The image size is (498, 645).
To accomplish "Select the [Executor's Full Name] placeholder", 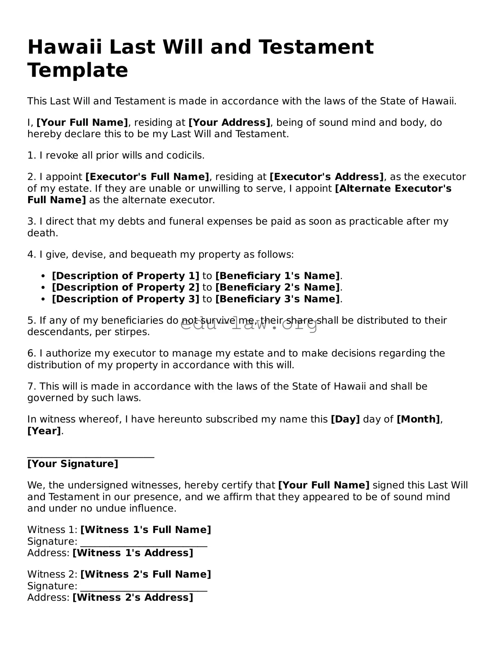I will [x=147, y=177].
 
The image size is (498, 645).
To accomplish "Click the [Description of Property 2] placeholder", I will [x=125, y=287].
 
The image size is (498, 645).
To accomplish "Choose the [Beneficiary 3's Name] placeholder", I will [x=278, y=299].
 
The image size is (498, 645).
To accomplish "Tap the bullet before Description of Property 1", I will [x=43, y=276].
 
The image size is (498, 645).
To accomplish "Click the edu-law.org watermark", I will [x=249, y=324].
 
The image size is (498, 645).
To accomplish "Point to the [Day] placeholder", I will [x=345, y=419].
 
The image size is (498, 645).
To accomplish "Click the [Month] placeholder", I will [x=418, y=419].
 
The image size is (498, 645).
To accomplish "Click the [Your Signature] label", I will [x=73, y=464].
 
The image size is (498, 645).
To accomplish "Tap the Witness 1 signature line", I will [x=144, y=546].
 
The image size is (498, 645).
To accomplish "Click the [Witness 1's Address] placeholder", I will [x=133, y=553].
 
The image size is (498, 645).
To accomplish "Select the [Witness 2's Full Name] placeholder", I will [x=146, y=574].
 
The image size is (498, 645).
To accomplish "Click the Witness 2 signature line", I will [x=144, y=591].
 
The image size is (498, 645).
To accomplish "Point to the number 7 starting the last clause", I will [x=30, y=386].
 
